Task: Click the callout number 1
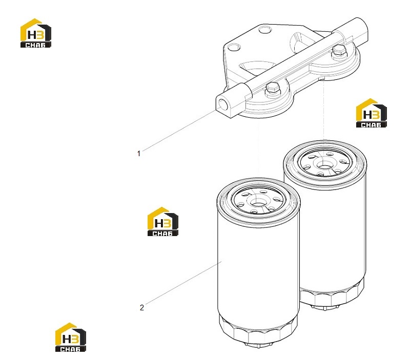coord(139,154)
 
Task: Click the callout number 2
coord(142,307)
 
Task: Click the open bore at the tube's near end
coord(224,104)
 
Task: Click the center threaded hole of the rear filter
coord(325,164)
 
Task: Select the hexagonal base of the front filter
coord(258,330)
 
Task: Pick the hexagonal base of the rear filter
coord(332,294)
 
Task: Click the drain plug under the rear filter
coord(325,308)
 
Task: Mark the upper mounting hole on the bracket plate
coord(265,30)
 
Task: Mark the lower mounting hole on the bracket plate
coord(234,47)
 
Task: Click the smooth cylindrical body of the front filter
coord(258,264)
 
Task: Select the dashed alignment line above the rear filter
coord(324,110)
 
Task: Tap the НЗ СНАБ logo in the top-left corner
coord(35,33)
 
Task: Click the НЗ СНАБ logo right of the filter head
coord(371,113)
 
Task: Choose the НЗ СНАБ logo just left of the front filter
coord(162,222)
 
